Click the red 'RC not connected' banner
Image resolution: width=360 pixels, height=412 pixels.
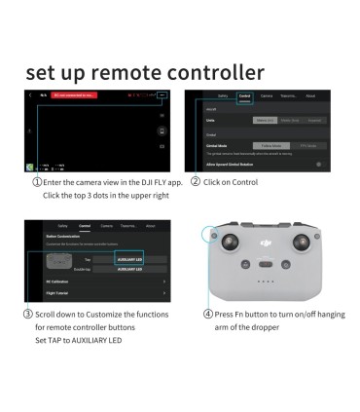(x=74, y=95)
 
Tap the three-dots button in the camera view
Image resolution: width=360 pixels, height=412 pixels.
(x=164, y=95)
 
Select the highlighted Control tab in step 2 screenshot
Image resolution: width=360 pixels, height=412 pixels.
(x=245, y=96)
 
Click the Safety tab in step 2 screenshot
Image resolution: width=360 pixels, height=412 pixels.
(x=222, y=96)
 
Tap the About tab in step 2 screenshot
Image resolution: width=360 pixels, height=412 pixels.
(x=310, y=96)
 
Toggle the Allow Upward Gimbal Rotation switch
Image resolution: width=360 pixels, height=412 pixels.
(x=318, y=165)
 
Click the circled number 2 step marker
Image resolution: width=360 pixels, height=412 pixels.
(x=196, y=182)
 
